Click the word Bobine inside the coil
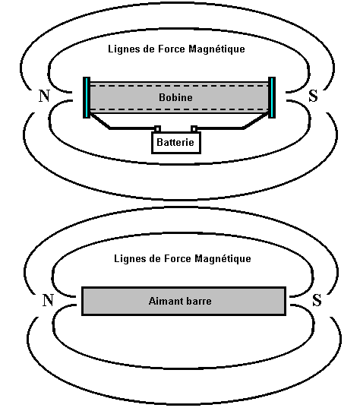175,97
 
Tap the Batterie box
176,142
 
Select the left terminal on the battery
157,128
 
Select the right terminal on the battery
194,128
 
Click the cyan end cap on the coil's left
87,97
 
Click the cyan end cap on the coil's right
272,97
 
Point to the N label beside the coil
44,96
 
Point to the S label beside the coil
314,96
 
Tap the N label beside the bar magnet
48,300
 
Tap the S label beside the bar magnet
317,300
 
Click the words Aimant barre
180,301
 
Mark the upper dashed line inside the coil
179,86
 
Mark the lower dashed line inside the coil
179,109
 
